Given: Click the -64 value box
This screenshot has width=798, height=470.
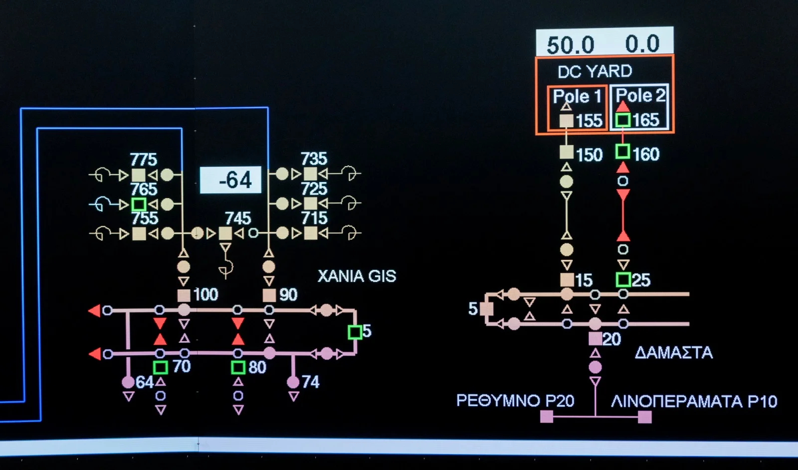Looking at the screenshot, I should (x=230, y=180).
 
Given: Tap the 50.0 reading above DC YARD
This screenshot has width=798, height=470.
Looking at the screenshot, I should (x=570, y=45).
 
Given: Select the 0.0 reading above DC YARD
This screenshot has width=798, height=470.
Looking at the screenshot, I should (x=642, y=44).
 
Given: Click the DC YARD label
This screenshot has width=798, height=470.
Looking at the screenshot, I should (x=595, y=71).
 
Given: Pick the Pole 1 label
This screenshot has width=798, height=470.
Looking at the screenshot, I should (x=577, y=96).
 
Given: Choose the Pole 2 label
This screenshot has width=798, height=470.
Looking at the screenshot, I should (x=640, y=95).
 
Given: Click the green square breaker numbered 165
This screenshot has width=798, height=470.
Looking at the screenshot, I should (x=622, y=120).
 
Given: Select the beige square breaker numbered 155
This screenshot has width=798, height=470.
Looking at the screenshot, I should (x=566, y=121).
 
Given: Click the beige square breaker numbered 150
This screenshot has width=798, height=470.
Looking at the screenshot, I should (x=566, y=152).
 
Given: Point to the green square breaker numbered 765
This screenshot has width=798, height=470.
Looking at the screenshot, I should (x=139, y=204).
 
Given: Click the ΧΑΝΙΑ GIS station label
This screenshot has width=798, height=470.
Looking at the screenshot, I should (x=357, y=276).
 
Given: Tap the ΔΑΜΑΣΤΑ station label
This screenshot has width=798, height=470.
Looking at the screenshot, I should (x=673, y=353).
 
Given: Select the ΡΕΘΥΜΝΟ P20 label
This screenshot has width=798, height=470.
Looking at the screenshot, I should (x=515, y=401).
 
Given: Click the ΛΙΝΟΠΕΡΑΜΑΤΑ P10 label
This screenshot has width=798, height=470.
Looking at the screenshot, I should (x=694, y=401).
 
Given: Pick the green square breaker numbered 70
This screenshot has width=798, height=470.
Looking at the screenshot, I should (x=160, y=368).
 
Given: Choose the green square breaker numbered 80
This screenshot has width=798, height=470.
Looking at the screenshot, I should (x=238, y=368).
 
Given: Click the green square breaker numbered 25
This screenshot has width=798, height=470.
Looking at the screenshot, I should (x=623, y=279).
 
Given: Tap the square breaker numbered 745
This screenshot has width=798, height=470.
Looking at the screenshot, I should (x=225, y=233).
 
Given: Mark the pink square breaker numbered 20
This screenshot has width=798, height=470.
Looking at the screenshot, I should (x=595, y=339).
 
